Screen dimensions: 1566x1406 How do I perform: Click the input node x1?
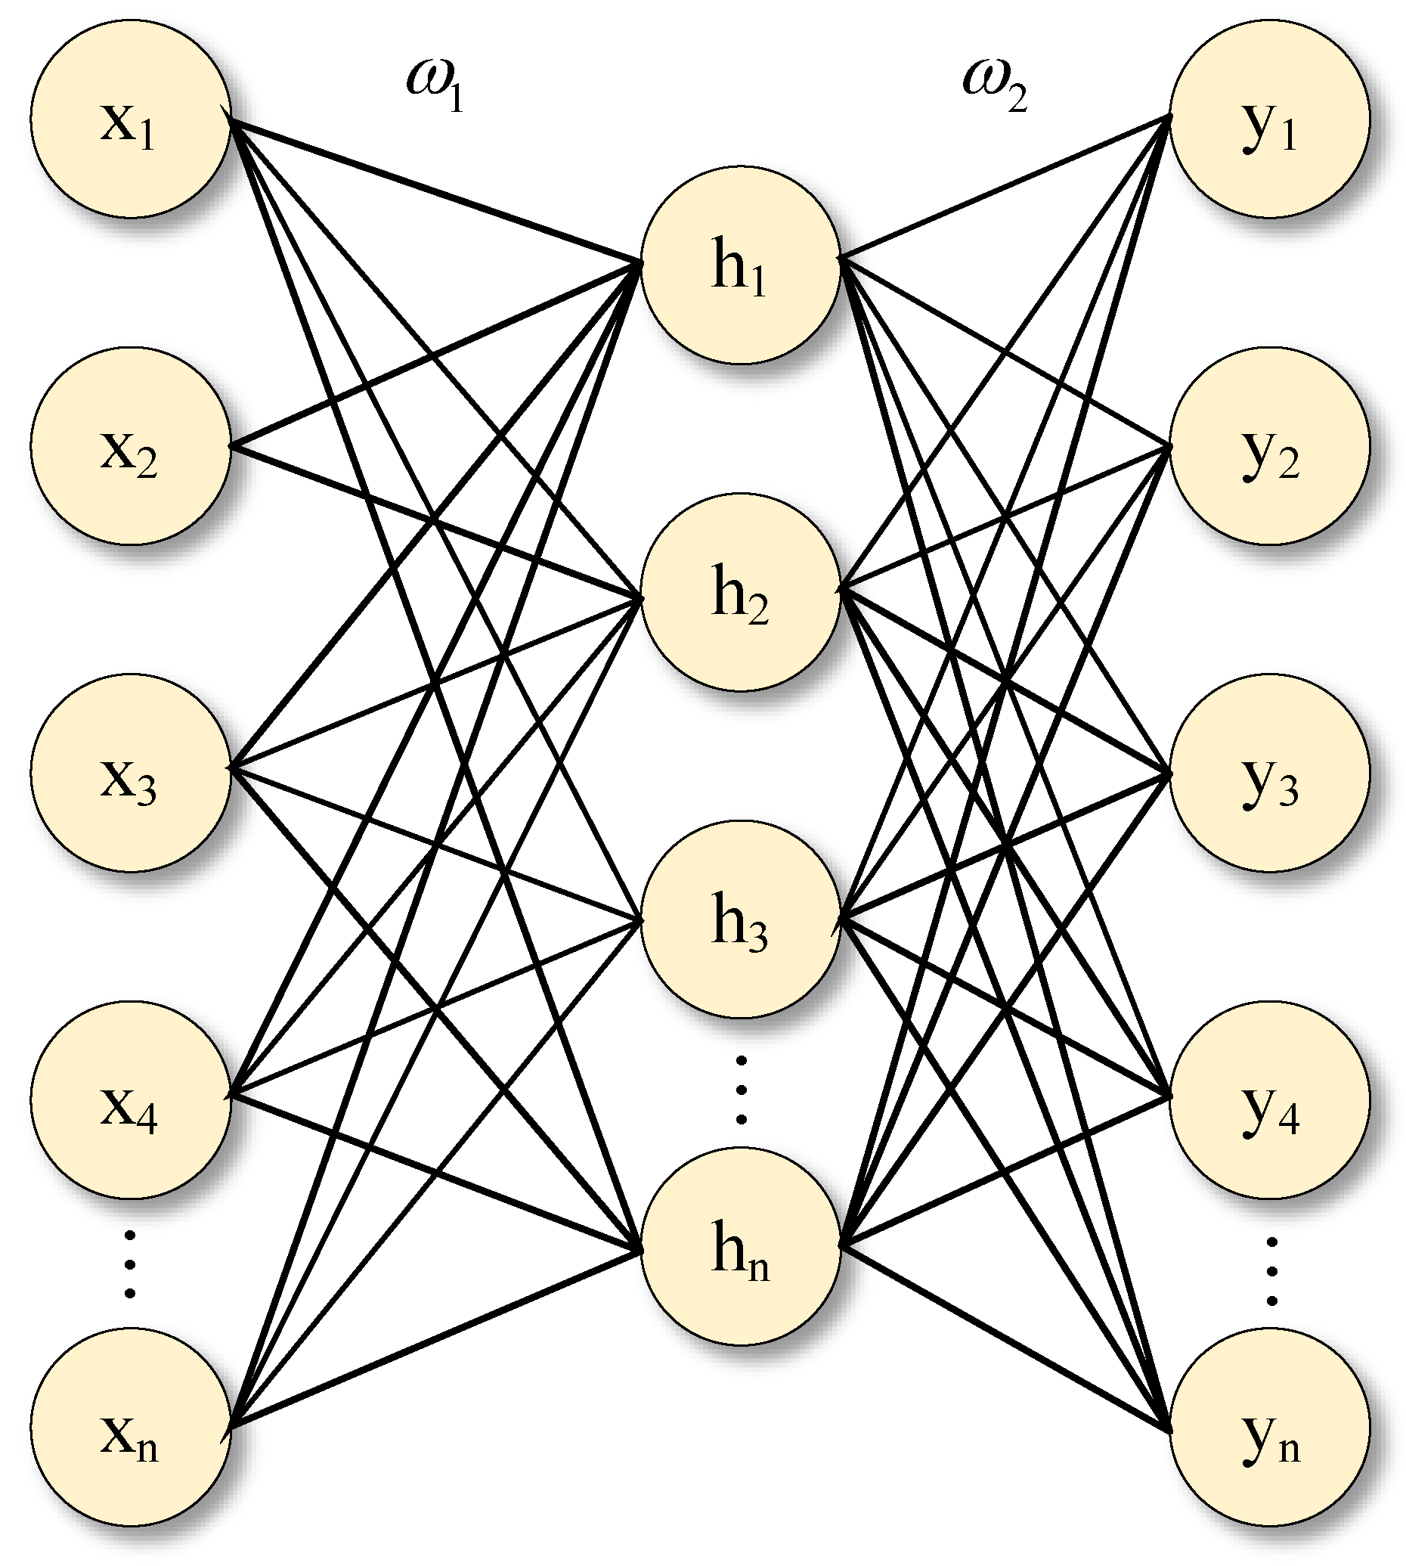coord(131,119)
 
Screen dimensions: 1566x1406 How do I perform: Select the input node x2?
coord(131,447)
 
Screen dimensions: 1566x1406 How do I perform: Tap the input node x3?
coord(131,774)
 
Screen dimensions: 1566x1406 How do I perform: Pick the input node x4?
coord(131,1100)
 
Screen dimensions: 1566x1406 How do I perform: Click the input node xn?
coord(131,1427)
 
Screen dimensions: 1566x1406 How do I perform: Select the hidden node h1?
coord(740,264)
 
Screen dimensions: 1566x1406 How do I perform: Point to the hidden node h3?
coord(740,919)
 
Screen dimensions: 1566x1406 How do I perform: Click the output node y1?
coord(1269,119)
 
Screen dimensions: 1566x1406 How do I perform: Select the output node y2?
coord(1269,447)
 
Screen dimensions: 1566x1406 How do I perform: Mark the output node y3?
coord(1269,774)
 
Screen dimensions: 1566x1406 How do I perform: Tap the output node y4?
coord(1269,1100)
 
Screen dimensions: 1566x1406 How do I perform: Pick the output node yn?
coord(1269,1427)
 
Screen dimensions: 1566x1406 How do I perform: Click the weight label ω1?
coord(435,85)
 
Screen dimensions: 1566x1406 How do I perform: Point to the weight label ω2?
coord(994,85)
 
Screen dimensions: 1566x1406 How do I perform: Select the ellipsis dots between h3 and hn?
coord(741,1090)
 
